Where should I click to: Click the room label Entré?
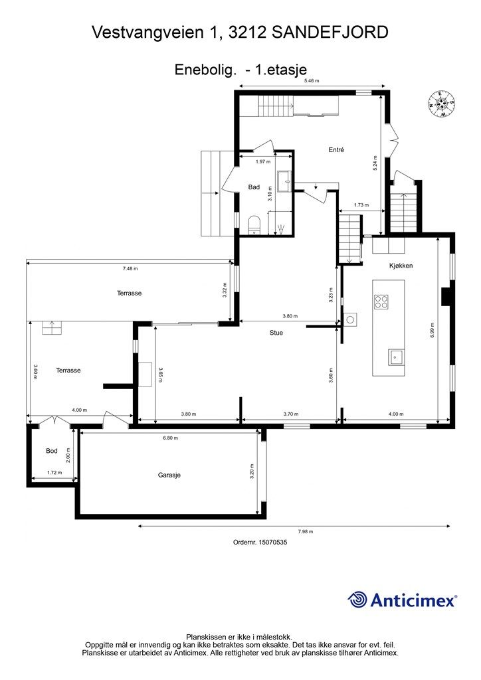pos(336,149)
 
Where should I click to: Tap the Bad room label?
pos(254,187)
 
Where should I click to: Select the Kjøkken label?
pos(401,266)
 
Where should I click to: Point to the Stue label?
pos(276,333)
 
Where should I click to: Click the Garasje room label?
pos(169,475)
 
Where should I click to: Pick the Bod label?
pos(52,451)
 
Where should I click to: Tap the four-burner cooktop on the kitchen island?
pos(381,301)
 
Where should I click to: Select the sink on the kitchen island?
pos(396,357)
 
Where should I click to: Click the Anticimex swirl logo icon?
pos(357,600)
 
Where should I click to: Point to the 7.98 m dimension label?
pos(306,531)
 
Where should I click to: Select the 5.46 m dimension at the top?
pos(312,80)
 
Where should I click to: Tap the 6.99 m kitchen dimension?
pos(433,331)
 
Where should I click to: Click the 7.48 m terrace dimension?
pos(130,268)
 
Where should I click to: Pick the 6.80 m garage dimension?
pos(171,438)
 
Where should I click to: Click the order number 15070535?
pos(273,542)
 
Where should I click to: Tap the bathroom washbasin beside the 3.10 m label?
pos(285,181)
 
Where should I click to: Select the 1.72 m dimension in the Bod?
pos(54,472)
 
